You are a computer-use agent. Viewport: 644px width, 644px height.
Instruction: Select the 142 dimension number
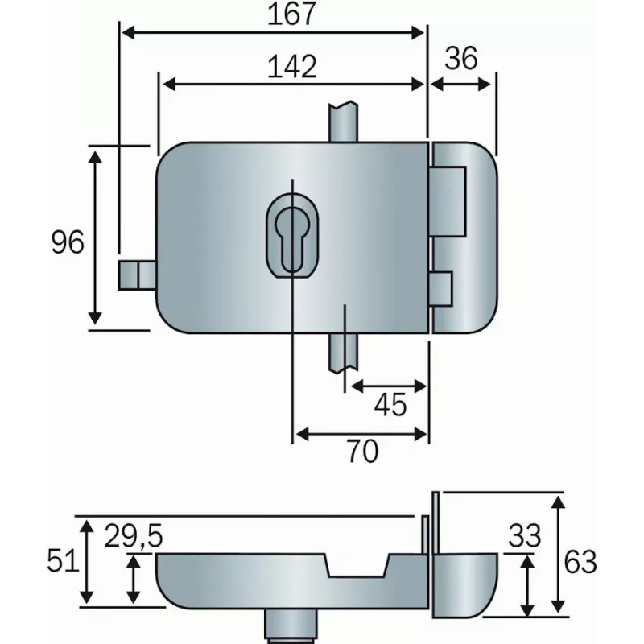click(291, 67)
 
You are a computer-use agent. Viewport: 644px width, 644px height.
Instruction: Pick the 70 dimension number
click(362, 452)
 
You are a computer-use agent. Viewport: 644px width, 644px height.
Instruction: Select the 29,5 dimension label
click(134, 535)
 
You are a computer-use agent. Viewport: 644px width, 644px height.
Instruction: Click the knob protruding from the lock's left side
click(136, 275)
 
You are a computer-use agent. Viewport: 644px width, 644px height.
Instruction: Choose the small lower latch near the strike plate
click(440, 287)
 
